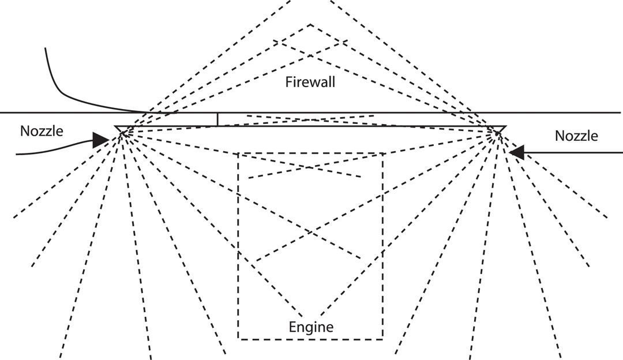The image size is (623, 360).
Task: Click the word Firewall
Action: pyautogui.click(x=310, y=82)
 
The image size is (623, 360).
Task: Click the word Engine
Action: pyautogui.click(x=311, y=328)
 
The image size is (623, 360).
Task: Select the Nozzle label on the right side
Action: pyautogui.click(x=576, y=136)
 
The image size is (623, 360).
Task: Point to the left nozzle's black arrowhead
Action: pyautogui.click(x=101, y=139)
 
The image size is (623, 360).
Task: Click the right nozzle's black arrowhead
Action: pyautogui.click(x=517, y=152)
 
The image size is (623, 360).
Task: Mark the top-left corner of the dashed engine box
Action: pyautogui.click(x=238, y=153)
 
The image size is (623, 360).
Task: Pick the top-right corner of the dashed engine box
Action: pyautogui.click(x=382, y=153)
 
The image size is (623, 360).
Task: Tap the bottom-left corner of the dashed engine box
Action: pyautogui.click(x=238, y=339)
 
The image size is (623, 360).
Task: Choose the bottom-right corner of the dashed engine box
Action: pyautogui.click(x=382, y=339)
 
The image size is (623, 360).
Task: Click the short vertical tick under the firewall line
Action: pyautogui.click(x=217, y=119)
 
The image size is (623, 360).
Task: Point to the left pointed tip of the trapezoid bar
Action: pyautogui.click(x=115, y=126)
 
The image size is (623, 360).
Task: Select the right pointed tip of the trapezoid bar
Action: pyautogui.click(x=506, y=126)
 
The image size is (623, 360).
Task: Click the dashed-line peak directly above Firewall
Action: pyautogui.click(x=311, y=24)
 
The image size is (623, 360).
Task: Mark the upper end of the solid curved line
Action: pyautogui.click(x=44, y=48)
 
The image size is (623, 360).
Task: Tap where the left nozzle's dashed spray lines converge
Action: pyautogui.click(x=122, y=134)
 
